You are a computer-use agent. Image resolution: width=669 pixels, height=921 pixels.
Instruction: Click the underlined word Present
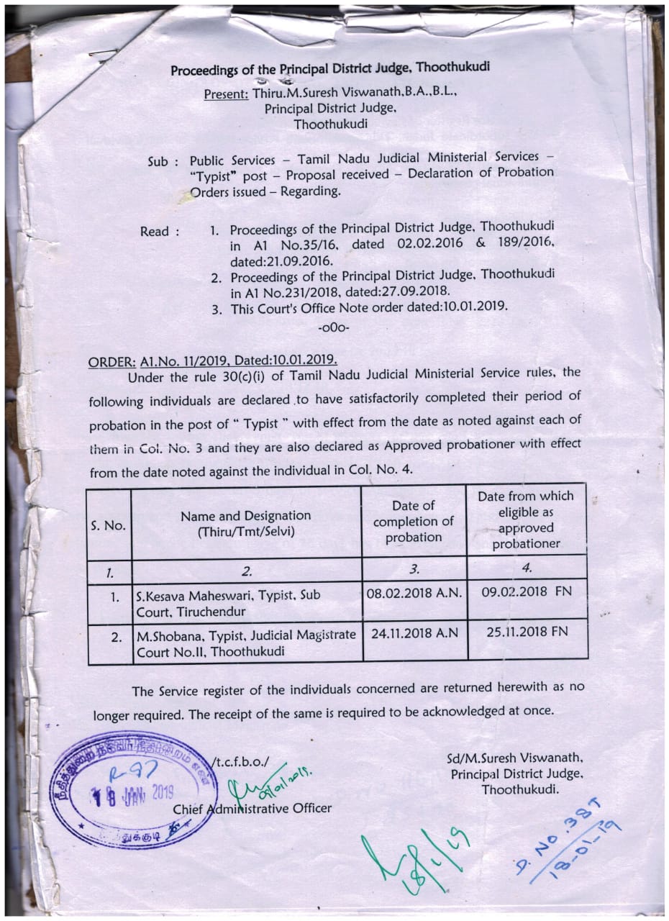[226, 94]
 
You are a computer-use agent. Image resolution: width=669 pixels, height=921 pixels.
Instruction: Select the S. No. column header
[109, 525]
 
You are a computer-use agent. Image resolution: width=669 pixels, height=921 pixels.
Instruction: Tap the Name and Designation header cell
[245, 523]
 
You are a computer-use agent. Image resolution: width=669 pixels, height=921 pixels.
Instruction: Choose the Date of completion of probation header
[414, 522]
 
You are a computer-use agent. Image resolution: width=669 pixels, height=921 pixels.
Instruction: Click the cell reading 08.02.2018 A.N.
[414, 594]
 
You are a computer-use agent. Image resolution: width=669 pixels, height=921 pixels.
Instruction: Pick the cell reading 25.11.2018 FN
[527, 632]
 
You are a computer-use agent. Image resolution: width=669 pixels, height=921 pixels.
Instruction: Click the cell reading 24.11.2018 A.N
[414, 632]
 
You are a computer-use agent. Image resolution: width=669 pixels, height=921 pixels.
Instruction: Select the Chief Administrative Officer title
[252, 808]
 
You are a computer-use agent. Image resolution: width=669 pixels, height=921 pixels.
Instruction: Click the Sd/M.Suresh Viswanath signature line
[515, 758]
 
